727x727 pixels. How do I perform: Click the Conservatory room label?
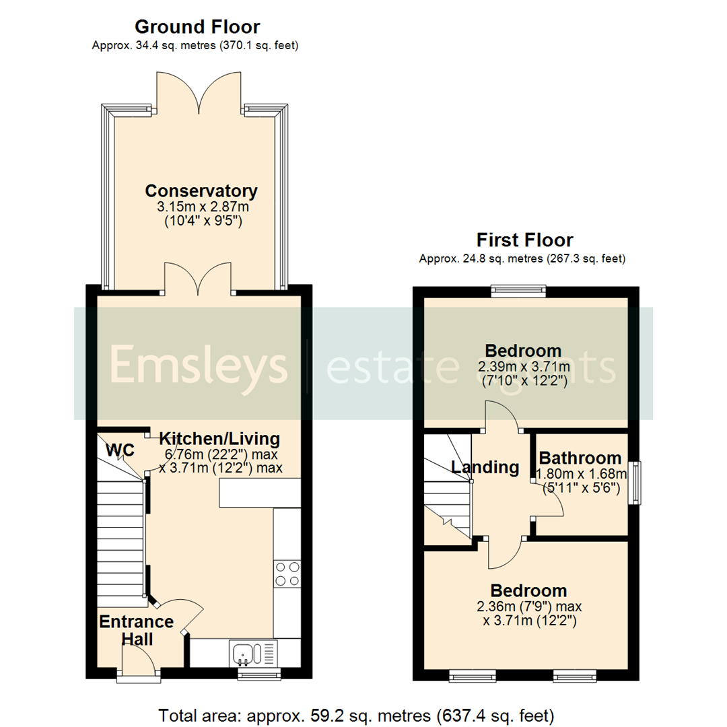(201, 191)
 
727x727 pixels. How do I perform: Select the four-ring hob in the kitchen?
(287, 574)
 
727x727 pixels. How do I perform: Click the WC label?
(118, 449)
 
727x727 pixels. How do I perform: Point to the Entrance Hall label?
(136, 629)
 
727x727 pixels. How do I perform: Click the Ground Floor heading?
(197, 27)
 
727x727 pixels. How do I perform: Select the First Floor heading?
(524, 240)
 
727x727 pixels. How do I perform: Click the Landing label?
(485, 467)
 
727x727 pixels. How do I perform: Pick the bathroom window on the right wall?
(634, 482)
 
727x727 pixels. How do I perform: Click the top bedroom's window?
(518, 291)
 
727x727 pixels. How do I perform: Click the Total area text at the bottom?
(356, 714)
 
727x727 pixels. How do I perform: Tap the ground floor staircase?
(123, 539)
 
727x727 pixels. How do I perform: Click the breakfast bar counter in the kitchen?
(259, 493)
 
